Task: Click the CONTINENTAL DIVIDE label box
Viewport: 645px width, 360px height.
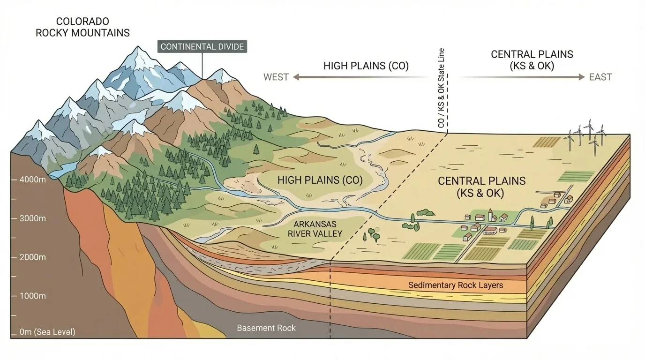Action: [x=202, y=46]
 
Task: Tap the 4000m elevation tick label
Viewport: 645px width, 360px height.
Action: [x=32, y=180]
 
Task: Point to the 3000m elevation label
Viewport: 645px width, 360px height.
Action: [x=32, y=218]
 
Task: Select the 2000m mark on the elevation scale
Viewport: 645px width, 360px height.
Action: [x=32, y=257]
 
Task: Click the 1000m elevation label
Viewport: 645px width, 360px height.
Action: [x=32, y=296]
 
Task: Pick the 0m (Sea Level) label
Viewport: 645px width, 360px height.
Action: [x=47, y=332]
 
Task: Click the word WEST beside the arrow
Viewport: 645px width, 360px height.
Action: [x=276, y=77]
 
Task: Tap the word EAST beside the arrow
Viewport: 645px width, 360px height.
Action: [x=600, y=77]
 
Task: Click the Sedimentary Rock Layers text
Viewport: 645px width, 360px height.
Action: [x=455, y=285]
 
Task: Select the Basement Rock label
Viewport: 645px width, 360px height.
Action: [x=266, y=328]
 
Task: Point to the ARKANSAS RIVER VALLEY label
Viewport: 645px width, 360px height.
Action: [x=315, y=229]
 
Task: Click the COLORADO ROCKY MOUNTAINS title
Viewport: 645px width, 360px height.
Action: [x=82, y=27]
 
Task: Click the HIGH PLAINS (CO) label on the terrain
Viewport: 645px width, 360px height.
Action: [x=320, y=180]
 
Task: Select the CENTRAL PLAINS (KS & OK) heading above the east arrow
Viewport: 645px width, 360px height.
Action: [x=532, y=60]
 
